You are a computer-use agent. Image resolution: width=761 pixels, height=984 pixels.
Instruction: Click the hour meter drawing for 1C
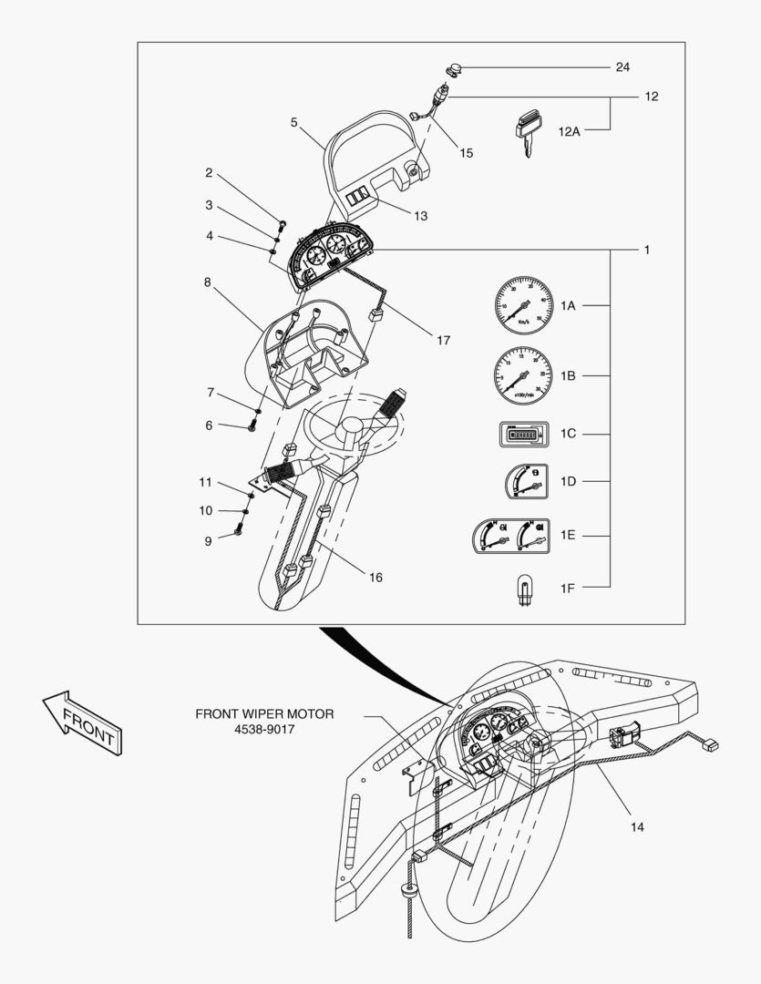[x=521, y=435]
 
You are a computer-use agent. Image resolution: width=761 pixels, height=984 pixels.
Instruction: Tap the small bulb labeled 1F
[x=524, y=588]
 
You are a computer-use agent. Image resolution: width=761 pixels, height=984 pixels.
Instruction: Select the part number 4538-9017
[x=264, y=730]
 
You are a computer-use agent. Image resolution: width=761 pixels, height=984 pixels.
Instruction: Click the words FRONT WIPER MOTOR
[x=264, y=714]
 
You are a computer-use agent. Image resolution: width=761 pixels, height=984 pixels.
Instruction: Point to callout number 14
[x=637, y=826]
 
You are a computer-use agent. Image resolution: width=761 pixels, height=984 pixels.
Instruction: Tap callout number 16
[x=375, y=577]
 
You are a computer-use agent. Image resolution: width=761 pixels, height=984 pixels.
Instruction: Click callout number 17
[x=443, y=341]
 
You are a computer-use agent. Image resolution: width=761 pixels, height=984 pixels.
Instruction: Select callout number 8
[x=208, y=282]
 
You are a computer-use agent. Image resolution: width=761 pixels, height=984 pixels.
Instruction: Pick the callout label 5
[x=294, y=122]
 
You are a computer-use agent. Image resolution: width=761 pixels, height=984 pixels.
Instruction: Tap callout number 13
[x=420, y=216]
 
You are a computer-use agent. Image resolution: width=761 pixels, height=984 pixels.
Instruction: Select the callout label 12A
[x=569, y=131]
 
